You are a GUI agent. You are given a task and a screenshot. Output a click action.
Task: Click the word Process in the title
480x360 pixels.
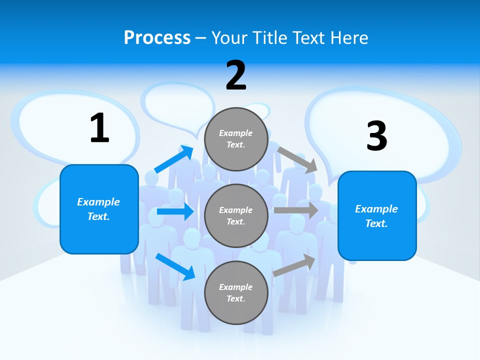pyautogui.click(x=157, y=38)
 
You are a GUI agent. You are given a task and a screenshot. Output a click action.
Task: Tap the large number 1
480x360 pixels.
pyautogui.click(x=99, y=128)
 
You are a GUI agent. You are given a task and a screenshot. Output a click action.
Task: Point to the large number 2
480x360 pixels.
pyautogui.click(x=236, y=75)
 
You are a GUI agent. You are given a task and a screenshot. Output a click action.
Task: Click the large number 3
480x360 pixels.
pyautogui.click(x=376, y=136)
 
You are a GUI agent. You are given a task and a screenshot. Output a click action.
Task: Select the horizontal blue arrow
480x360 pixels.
pyautogui.click(x=175, y=212)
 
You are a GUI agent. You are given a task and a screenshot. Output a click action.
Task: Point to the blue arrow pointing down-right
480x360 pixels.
pyautogui.click(x=175, y=266)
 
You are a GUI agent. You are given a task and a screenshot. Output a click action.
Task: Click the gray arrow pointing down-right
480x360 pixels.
pyautogui.click(x=297, y=159)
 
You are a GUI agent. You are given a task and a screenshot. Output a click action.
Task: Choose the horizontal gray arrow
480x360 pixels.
pyautogui.click(x=296, y=210)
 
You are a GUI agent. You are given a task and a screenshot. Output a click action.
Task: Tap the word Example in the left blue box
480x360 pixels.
pyautogui.click(x=98, y=202)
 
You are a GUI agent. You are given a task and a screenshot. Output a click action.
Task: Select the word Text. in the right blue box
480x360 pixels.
pyautogui.click(x=376, y=223)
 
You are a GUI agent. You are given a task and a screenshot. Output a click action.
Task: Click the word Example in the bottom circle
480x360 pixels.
pyautogui.click(x=236, y=287)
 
